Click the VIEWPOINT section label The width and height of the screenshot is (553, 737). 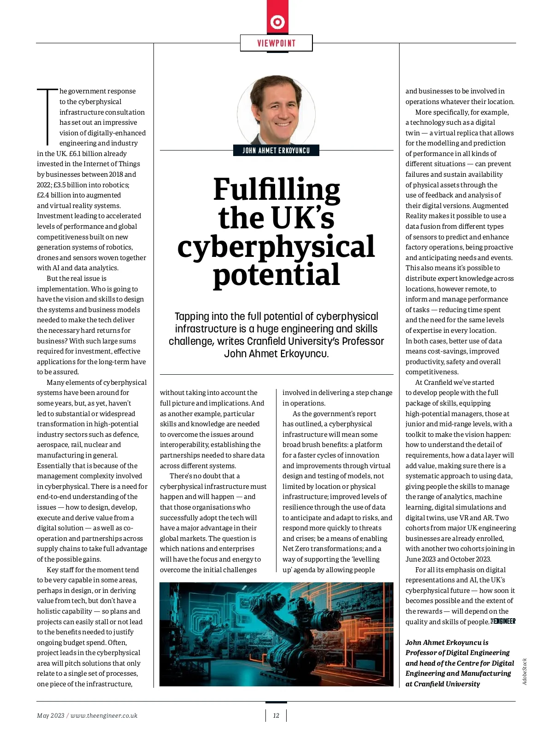(x=276, y=43)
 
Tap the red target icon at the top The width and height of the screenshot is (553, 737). (x=277, y=22)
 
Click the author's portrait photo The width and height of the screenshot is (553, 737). (x=276, y=110)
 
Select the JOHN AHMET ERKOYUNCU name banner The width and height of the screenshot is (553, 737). (x=276, y=151)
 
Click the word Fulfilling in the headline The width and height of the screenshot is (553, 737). (x=276, y=189)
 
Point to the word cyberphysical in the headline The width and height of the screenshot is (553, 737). (x=276, y=247)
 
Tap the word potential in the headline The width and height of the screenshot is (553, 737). (x=276, y=274)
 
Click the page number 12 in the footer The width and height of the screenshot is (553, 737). (x=276, y=715)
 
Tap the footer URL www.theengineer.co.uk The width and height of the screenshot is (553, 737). (x=104, y=715)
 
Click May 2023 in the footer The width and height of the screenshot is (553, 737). (x=51, y=715)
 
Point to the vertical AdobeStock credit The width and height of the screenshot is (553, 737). (x=524, y=671)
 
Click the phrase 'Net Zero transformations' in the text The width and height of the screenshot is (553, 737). (x=322, y=549)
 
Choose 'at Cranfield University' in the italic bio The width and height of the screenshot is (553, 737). (x=442, y=684)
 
